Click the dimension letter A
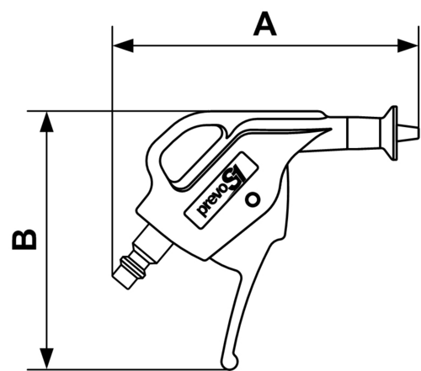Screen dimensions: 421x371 264,24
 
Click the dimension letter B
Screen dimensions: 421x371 24,240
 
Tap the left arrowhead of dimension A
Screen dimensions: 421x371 123,45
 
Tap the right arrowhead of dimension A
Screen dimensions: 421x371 408,45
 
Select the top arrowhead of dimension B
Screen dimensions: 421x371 46,122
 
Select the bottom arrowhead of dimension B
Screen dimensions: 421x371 46,358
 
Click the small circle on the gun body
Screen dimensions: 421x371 253,200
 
